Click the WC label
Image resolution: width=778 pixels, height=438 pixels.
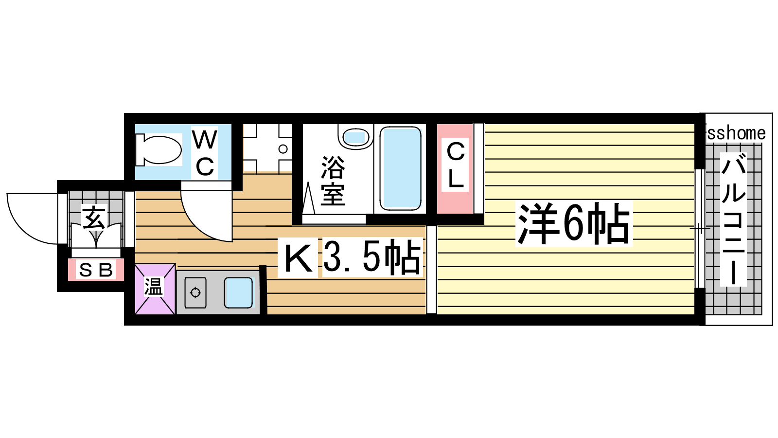[x=205, y=152]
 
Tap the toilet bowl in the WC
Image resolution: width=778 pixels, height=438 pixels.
[x=159, y=150]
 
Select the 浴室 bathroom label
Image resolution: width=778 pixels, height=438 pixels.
[x=333, y=181]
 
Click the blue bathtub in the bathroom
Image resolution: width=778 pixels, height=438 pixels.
[x=401, y=168]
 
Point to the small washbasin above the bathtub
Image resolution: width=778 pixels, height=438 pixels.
[x=355, y=137]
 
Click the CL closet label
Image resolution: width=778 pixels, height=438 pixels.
[x=455, y=165]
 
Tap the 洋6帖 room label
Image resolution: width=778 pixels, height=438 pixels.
[x=574, y=223]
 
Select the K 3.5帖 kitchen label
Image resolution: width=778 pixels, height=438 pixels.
[x=352, y=257]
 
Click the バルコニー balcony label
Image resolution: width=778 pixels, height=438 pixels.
[x=733, y=219]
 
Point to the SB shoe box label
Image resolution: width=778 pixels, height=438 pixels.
[x=96, y=270]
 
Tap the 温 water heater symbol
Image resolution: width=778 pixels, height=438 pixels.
[x=155, y=289]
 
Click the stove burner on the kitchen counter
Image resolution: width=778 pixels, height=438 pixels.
[x=195, y=292]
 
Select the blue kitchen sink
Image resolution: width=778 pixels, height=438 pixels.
[x=239, y=292]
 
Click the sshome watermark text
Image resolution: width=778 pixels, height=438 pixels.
[x=736, y=133]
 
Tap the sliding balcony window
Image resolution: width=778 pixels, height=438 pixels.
[x=700, y=229]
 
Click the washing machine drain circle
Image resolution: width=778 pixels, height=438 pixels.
[x=283, y=149]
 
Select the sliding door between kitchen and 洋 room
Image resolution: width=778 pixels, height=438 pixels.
[x=431, y=270]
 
